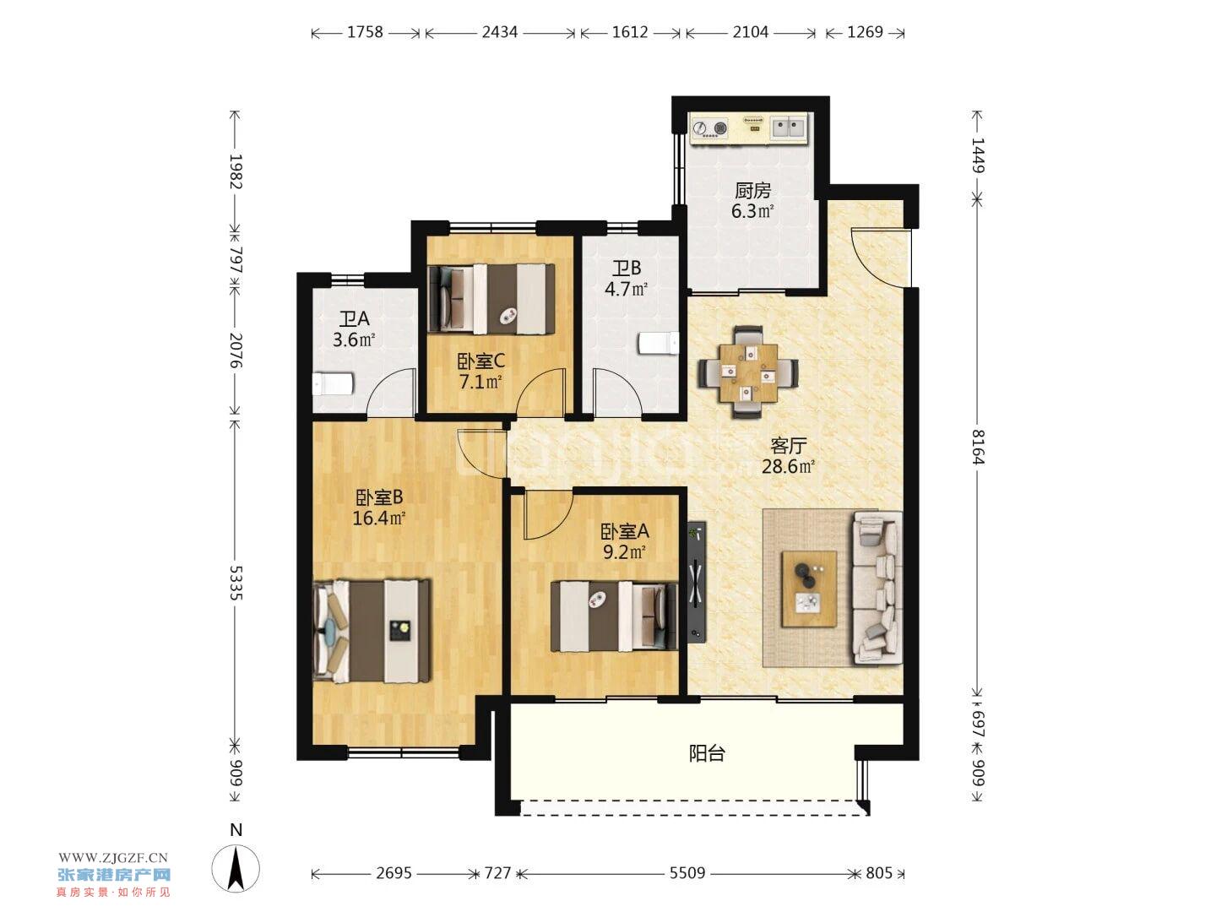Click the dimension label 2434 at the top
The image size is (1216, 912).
499,32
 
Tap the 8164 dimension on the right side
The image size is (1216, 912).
977,447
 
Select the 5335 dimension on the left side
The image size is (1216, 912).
236,583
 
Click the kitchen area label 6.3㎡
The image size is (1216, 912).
752,211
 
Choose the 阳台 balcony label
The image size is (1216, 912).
707,753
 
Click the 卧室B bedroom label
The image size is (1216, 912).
379,498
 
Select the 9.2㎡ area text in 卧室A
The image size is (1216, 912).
624,552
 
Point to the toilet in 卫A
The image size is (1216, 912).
333,383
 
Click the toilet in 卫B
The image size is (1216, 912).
659,343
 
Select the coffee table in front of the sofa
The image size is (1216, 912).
809,589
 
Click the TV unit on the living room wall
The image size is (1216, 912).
697,582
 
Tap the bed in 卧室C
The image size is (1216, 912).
492,299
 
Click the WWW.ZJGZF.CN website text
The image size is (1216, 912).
113,858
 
